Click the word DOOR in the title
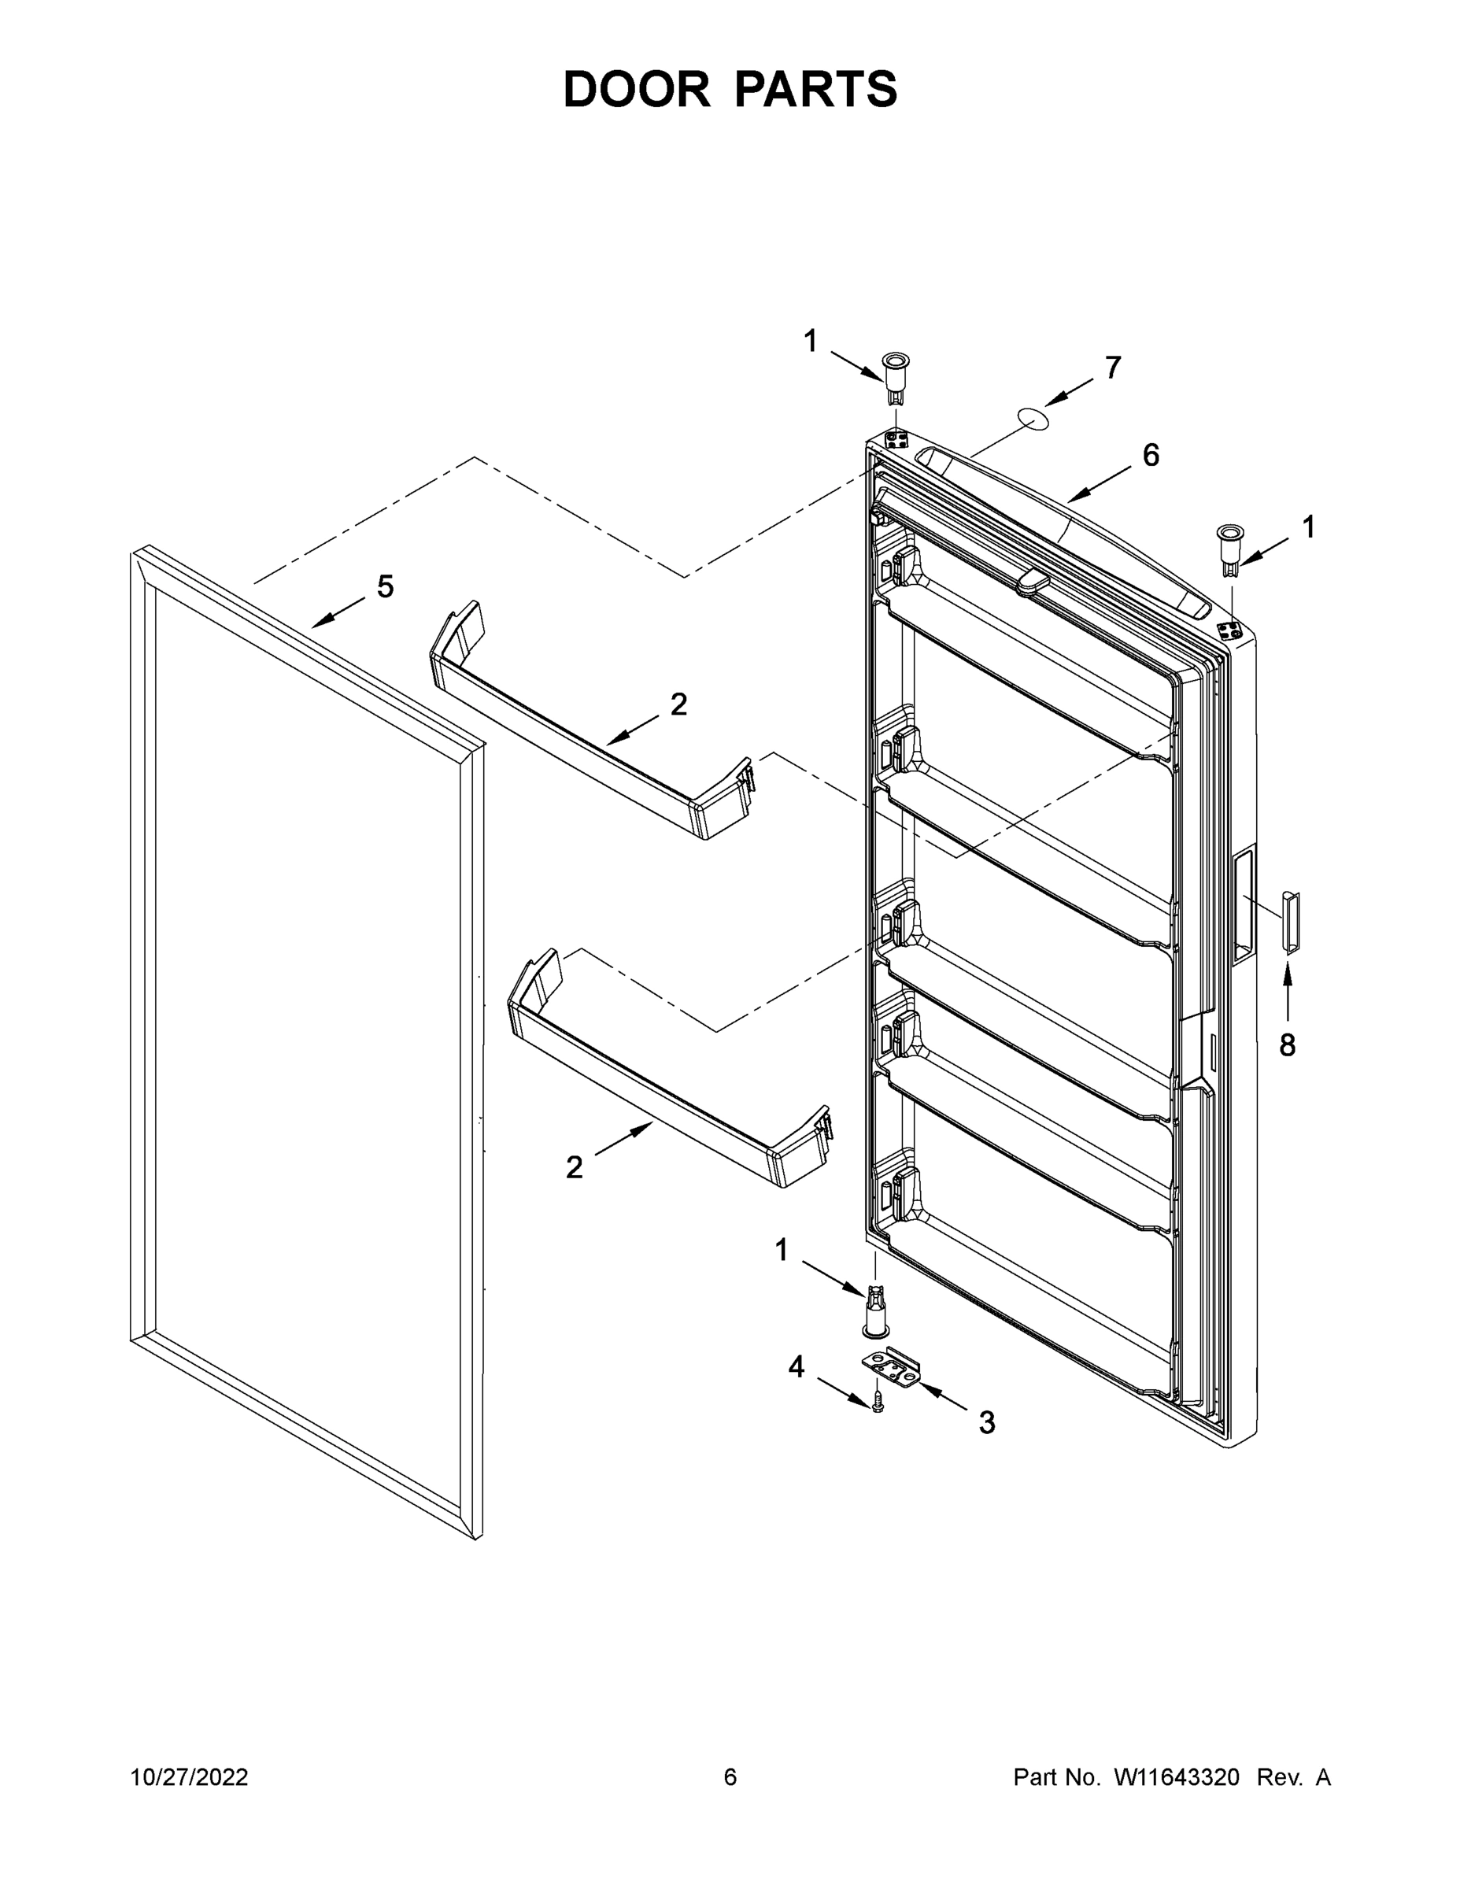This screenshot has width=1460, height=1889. point(637,90)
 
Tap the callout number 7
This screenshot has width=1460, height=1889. point(1113,368)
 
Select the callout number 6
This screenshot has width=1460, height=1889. point(1151,455)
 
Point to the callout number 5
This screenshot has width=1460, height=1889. point(385,586)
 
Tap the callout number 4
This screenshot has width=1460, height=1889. point(796,1366)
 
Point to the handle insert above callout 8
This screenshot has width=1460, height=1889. point(1291,922)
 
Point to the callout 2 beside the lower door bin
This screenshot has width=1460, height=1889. point(575,1168)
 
